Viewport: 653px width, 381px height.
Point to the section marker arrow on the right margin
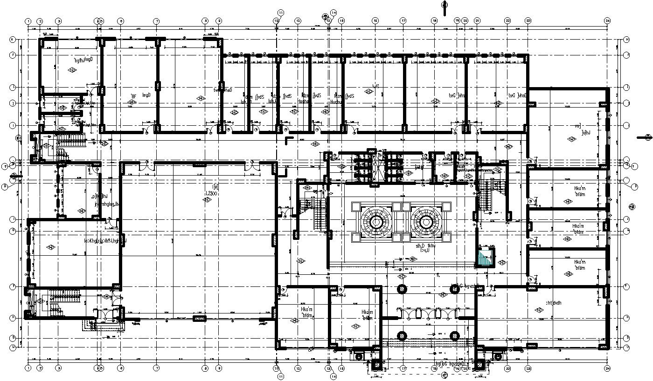[x=646, y=137]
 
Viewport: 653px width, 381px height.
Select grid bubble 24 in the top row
[x=607, y=21]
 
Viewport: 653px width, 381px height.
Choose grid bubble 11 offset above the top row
[x=280, y=12]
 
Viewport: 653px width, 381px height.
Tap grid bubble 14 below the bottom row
[x=333, y=376]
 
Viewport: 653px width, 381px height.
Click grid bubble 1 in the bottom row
[x=28, y=368]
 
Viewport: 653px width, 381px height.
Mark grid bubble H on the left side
[x=13, y=40]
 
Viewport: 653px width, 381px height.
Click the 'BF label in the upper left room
[x=134, y=96]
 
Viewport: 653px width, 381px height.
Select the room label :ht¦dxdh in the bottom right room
[x=553, y=302]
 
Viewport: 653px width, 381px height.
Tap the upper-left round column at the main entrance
[x=401, y=289]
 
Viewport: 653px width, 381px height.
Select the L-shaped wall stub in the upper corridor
[x=289, y=140]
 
